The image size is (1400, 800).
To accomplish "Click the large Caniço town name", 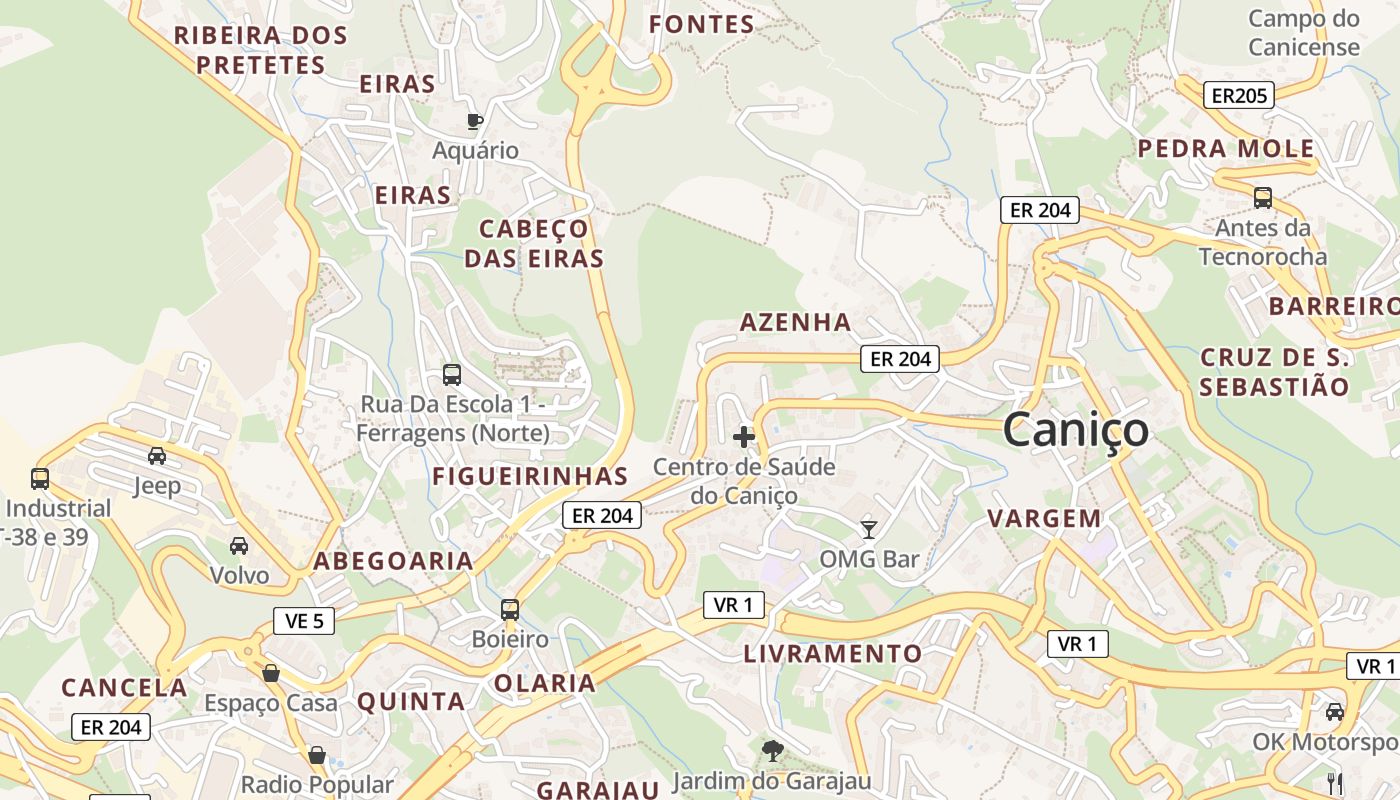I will pos(1075,430).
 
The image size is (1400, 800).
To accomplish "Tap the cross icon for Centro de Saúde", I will pos(744,437).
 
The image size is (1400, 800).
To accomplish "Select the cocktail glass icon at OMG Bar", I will pos(868,529).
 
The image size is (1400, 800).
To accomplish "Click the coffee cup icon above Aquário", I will pos(475,122).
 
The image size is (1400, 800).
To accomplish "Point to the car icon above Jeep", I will pos(157,456).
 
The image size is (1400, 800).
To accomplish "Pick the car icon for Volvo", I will pos(239,546).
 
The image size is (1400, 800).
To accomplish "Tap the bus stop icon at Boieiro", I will pos(510,609).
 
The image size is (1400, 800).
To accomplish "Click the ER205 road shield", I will pos(1238,96).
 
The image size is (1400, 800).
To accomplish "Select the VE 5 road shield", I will pos(304,621).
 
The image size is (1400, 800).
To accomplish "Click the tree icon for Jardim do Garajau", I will pos(772,750).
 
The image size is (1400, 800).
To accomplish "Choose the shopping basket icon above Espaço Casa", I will pos(270,673).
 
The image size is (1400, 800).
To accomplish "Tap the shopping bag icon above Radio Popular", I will pos(317,755).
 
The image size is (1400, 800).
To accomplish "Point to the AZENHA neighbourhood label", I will pos(795,322).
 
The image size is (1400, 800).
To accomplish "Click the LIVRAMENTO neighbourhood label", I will pos(833,654).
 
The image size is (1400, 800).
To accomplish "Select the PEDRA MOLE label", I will pos(1226,149).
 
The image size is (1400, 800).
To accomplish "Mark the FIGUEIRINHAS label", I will pos(530,477).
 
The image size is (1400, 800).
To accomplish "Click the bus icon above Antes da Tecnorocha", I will pos(1263,198).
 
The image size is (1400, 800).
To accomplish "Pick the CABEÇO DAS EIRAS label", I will pos(534,244).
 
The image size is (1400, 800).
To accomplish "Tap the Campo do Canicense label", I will pos(1304,32).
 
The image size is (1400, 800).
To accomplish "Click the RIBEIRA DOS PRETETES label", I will pos(261,50).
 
